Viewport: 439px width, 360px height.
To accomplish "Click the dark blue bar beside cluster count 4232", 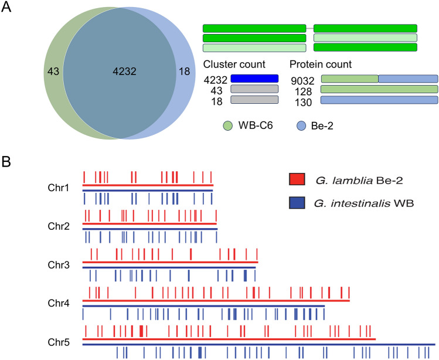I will (254, 78).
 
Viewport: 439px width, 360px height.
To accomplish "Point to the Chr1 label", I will (59, 188).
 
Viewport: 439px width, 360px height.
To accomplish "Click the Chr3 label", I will (59, 265).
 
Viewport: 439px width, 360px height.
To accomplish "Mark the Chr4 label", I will (59, 303).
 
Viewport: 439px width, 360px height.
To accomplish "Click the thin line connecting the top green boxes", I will (310, 28).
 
